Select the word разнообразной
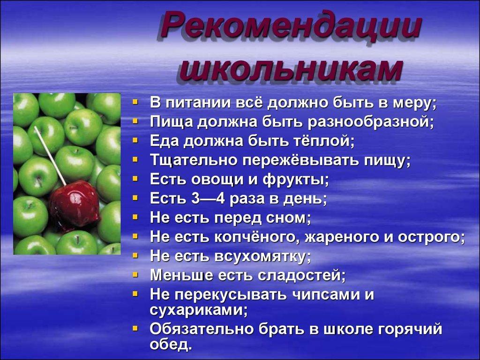point(371,123)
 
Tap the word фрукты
point(296,180)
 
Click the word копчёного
point(256,237)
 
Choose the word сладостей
point(301,275)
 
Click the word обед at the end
point(171,345)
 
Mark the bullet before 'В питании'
point(135,101)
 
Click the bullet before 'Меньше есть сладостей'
point(135,274)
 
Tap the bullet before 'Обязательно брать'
point(135,328)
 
